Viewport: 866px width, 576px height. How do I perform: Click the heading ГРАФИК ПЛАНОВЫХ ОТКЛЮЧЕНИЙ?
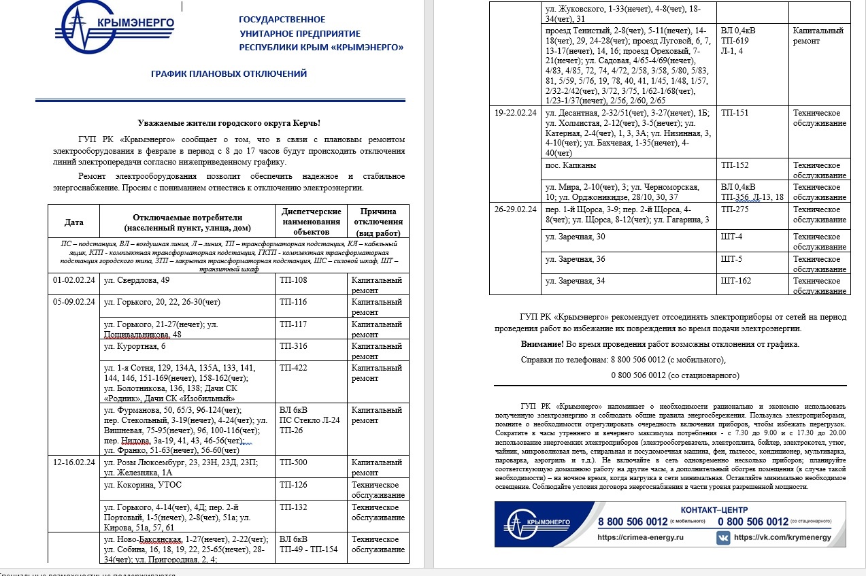pos(229,73)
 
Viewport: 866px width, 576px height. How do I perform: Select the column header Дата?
pos(74,222)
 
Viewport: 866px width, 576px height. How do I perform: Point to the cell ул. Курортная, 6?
pos(135,346)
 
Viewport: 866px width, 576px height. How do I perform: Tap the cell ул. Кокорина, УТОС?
pos(142,485)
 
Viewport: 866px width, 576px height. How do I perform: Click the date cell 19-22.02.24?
pos(516,113)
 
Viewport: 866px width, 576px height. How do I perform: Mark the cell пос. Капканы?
pos(570,165)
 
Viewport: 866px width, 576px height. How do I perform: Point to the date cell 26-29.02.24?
pos(516,209)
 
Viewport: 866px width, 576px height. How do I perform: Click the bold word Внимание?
pos(542,344)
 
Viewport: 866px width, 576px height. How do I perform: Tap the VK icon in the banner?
pos(723,537)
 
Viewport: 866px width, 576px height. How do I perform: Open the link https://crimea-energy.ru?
pos(640,537)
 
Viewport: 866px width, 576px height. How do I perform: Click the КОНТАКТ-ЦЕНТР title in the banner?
pos(714,510)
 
